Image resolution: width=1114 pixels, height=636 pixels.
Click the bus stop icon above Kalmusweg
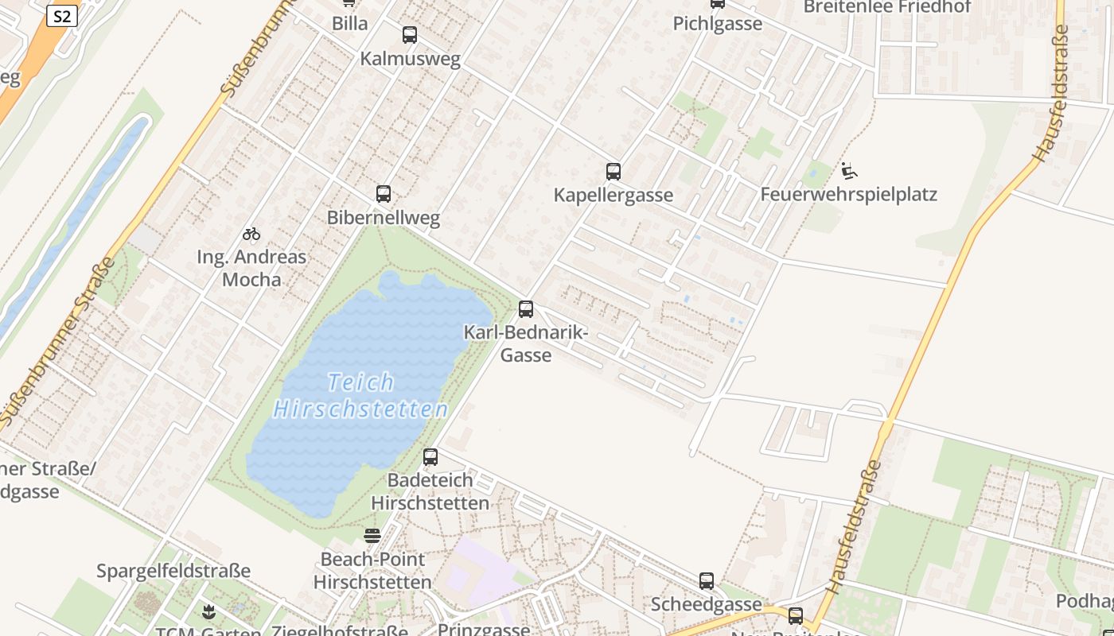tap(410, 35)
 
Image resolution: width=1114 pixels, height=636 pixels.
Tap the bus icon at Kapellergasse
tap(613, 172)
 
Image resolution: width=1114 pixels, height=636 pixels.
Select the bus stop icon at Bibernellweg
tap(384, 194)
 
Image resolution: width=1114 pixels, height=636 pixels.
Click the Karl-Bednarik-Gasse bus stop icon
tap(526, 309)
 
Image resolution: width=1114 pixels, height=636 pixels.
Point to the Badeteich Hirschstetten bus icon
tap(430, 457)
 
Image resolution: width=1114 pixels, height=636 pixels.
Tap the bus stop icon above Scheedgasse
tap(707, 581)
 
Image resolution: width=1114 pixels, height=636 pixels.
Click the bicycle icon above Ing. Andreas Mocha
tap(251, 234)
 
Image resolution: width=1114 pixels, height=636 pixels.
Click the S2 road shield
tap(62, 16)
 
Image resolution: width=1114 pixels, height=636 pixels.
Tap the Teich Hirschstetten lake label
tap(361, 396)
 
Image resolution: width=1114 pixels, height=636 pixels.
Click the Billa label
tap(350, 23)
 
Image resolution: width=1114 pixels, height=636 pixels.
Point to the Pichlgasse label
tap(718, 23)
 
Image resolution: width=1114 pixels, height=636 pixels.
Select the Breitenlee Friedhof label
tap(887, 7)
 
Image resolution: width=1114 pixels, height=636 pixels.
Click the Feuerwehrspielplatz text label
tap(849, 195)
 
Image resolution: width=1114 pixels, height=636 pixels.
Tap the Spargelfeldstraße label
tap(173, 571)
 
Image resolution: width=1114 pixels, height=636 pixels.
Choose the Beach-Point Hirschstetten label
tap(372, 570)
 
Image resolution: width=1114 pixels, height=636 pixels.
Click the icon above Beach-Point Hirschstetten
tap(372, 535)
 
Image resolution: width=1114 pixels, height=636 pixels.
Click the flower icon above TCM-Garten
tap(208, 611)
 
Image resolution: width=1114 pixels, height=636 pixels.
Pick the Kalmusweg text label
tap(410, 59)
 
